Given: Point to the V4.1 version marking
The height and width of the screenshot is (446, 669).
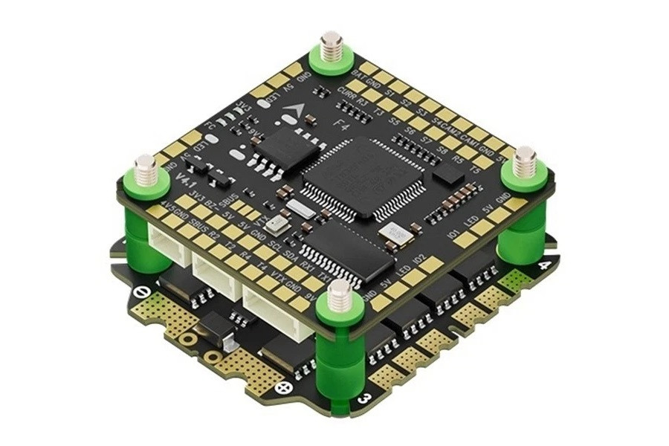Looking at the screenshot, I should click(x=183, y=179).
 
